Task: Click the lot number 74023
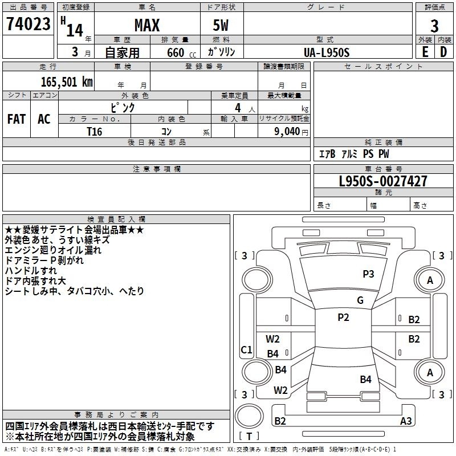pyautogui.click(x=28, y=24)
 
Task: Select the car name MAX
pyautogui.click(x=147, y=25)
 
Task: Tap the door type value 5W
pyautogui.click(x=221, y=25)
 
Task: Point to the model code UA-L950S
pyautogui.click(x=327, y=52)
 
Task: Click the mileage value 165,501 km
pyautogui.click(x=67, y=82)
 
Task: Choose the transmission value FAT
pyautogui.click(x=17, y=119)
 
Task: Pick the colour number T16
pyautogui.click(x=95, y=132)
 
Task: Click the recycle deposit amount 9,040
pyautogui.click(x=287, y=132)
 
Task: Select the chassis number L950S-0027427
pyautogui.click(x=383, y=181)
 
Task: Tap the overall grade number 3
pyautogui.click(x=434, y=26)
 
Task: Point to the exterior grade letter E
pyautogui.click(x=425, y=52)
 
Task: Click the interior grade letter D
pyautogui.click(x=443, y=52)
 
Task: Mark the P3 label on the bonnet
pyautogui.click(x=368, y=274)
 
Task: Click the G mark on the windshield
pyautogui.click(x=360, y=300)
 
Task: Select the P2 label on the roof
pyautogui.click(x=344, y=317)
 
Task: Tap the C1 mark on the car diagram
pyautogui.click(x=246, y=349)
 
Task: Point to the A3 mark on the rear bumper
pyautogui.click(x=406, y=421)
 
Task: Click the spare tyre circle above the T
pyautogui.click(x=249, y=416)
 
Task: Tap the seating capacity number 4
pyautogui.click(x=238, y=108)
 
